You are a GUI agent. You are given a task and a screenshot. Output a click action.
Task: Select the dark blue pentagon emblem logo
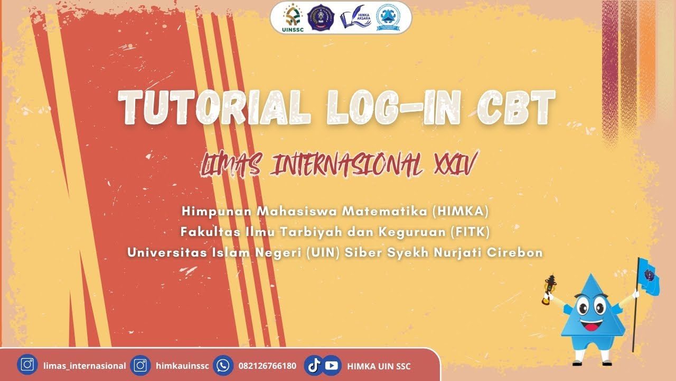[321, 18]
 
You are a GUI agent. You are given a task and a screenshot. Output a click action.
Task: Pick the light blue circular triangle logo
[388, 18]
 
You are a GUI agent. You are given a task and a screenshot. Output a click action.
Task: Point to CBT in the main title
[515, 108]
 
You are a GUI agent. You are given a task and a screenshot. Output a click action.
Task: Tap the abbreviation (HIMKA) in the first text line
[461, 211]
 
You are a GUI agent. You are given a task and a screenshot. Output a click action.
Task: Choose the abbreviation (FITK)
[473, 232]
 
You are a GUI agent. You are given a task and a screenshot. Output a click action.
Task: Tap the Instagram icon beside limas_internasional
[27, 365]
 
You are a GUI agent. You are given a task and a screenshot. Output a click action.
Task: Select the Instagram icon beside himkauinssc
[140, 365]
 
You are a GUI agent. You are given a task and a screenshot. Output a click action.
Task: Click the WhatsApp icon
[223, 365]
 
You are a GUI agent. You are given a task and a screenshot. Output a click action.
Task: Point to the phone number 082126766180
[267, 366]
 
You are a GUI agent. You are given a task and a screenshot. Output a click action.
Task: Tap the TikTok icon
[314, 365]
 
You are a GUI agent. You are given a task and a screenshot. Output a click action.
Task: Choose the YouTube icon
[331, 365]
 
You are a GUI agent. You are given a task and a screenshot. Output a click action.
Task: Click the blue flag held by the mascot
[649, 277]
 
